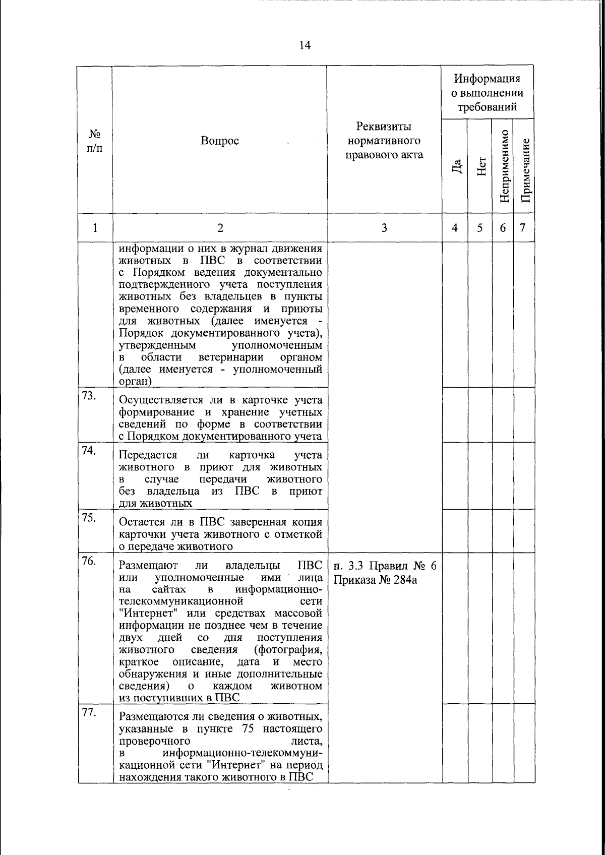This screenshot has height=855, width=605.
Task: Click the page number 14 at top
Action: click(305, 46)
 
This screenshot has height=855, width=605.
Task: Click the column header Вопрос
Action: click(220, 141)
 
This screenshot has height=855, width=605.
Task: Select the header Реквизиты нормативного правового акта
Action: click(384, 140)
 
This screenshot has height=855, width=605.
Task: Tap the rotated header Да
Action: click(455, 166)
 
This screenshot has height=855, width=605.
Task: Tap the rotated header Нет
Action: click(480, 166)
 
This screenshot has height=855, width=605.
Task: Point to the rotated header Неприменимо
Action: click(503, 166)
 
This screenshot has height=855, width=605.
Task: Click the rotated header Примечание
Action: click(524, 169)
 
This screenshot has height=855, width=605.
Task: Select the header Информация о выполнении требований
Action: click(487, 93)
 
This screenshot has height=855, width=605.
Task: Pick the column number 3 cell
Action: click(384, 228)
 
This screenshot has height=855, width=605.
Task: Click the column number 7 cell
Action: click(523, 228)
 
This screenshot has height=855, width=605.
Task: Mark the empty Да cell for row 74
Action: click(455, 476)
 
